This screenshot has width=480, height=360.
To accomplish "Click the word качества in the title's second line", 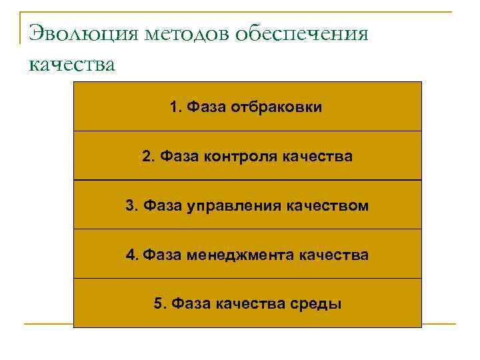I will tap(72, 64).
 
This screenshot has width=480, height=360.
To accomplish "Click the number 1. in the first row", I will tap(176, 107).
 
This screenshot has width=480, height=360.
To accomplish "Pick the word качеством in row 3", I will tap(327, 206).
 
